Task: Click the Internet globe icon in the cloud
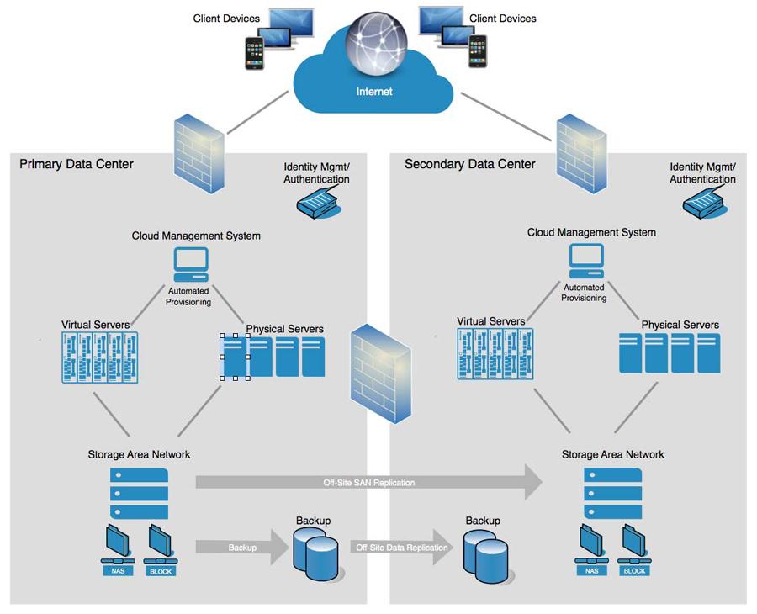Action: pos(373,45)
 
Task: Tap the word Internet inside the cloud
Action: pos(374,91)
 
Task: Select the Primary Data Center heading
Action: pos(77,164)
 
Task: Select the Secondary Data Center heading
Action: pos(470,164)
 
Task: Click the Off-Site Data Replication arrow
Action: pos(401,548)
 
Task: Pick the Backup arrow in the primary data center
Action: pos(241,548)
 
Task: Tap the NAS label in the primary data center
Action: pos(118,571)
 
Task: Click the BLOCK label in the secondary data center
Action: pos(635,571)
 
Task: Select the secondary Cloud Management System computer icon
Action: pos(586,261)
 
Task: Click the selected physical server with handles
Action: pos(235,357)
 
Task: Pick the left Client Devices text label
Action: pos(226,19)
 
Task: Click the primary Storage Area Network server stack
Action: pos(139,493)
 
